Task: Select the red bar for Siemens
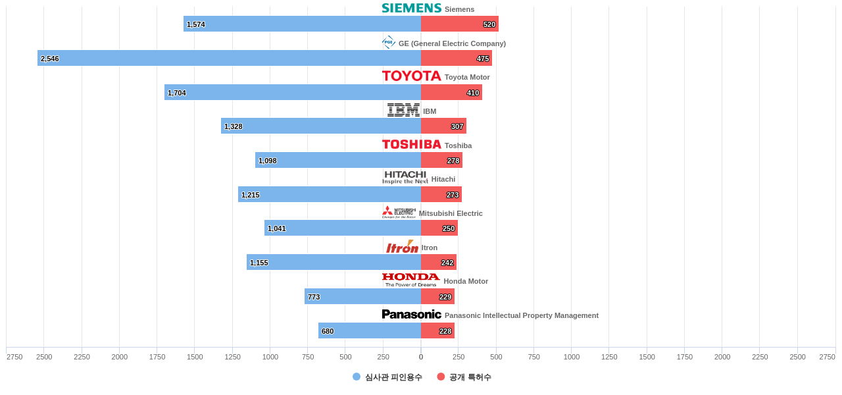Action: (459, 24)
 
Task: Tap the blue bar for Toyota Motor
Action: (293, 92)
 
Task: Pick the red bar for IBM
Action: (443, 126)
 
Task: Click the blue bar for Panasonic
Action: (370, 330)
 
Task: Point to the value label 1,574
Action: (196, 24)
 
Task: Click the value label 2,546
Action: (50, 59)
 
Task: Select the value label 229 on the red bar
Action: (445, 297)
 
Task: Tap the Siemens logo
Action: (411, 8)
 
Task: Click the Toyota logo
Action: (411, 76)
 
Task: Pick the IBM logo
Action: (403, 110)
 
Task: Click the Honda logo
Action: (410, 280)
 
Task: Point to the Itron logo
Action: (402, 247)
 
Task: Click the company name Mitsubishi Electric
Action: (451, 213)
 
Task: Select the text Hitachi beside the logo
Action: (443, 179)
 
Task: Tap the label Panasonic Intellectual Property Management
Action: (521, 315)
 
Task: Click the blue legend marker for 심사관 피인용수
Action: (357, 377)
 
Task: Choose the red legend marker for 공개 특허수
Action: (441, 377)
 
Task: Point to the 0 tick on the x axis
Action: (421, 357)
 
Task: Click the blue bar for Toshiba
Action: (338, 160)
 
